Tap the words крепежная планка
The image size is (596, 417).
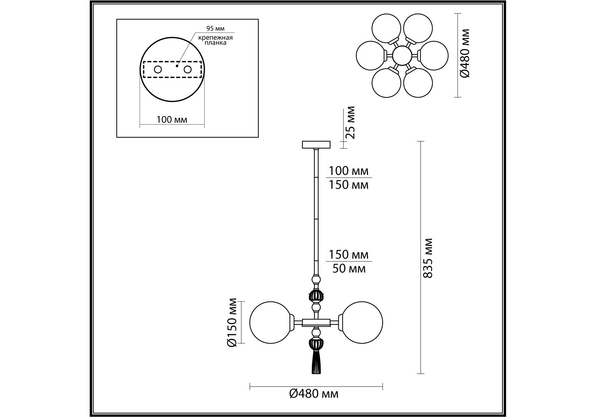[x=215, y=40]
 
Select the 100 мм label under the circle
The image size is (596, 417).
[x=172, y=120]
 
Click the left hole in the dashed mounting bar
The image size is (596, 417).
[x=158, y=69]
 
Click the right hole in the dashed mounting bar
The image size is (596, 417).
[x=188, y=69]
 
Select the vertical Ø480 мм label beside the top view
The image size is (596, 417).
[x=465, y=53]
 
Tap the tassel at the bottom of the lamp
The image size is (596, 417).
[x=316, y=362]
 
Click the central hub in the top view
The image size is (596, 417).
[x=402, y=56]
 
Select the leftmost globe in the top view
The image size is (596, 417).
[x=370, y=56]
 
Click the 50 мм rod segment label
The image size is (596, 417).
[x=349, y=269]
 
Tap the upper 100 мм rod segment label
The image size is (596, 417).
[x=349, y=171]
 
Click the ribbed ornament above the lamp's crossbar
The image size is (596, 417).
[x=316, y=296]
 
